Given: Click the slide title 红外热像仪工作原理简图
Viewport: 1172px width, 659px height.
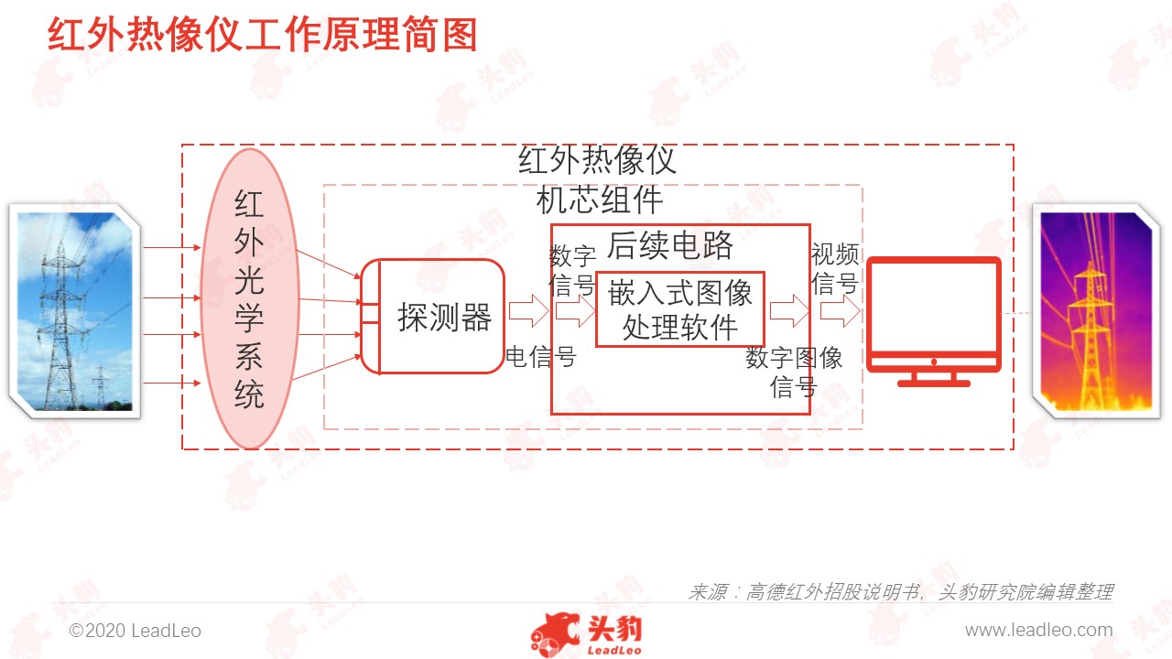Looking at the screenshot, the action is [262, 35].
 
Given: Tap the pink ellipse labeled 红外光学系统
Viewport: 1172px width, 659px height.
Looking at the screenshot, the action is [250, 298].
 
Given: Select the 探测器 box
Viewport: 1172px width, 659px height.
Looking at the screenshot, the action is [433, 317].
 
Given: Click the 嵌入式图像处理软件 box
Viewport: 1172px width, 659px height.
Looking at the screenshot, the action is [680, 309].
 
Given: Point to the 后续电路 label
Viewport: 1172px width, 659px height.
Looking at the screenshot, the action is [669, 245].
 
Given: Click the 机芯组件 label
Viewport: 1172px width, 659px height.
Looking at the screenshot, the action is [600, 200].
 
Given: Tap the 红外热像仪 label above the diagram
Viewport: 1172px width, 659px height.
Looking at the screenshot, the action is [597, 160].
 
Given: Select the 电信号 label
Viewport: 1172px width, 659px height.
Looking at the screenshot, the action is [541, 357].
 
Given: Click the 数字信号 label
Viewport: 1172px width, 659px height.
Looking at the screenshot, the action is [572, 271].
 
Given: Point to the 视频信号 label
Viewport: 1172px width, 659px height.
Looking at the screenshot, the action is [834, 269].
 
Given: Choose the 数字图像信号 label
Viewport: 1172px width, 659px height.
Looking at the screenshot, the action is [794, 373].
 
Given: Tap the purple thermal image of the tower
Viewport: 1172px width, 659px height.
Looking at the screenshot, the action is [1096, 311].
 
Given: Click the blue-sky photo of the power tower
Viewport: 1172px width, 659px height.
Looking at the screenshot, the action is [75, 311].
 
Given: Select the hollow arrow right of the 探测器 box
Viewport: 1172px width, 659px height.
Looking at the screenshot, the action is [528, 311].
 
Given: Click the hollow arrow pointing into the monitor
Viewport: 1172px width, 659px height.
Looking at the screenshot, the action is [841, 311].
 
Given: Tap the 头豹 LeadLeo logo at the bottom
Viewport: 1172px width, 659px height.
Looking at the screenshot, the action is [586, 634].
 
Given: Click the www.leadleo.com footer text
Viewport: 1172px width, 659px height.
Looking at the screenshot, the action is [1038, 631].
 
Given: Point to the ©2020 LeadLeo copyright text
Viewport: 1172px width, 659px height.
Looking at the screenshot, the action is [135, 631].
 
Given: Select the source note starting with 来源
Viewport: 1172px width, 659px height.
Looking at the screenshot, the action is [900, 592].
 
